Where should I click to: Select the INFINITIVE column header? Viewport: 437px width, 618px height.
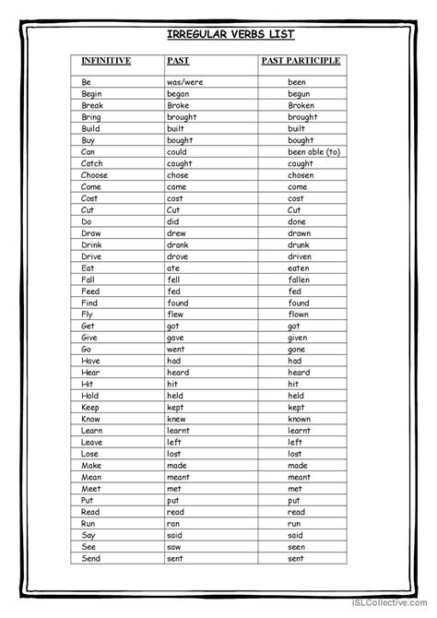click(106, 61)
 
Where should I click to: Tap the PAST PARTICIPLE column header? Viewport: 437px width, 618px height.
click(301, 61)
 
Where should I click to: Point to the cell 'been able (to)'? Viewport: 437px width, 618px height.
click(313, 151)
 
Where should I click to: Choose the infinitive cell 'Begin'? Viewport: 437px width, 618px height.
click(92, 93)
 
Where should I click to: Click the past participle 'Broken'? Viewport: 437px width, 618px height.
click(301, 105)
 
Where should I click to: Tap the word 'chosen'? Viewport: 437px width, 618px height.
click(301, 175)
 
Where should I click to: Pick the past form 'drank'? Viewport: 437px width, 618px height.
click(178, 244)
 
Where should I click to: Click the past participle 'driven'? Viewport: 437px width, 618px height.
click(301, 256)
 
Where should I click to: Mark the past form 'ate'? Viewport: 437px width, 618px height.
click(173, 268)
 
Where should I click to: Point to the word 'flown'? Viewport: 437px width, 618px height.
click(299, 315)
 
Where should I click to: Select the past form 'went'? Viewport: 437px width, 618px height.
click(177, 350)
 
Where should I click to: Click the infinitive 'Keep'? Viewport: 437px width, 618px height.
click(90, 407)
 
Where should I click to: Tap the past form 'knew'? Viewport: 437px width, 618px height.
click(177, 419)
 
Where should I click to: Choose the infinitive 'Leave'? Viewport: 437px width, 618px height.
click(93, 442)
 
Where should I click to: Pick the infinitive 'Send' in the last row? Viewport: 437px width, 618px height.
click(91, 558)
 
